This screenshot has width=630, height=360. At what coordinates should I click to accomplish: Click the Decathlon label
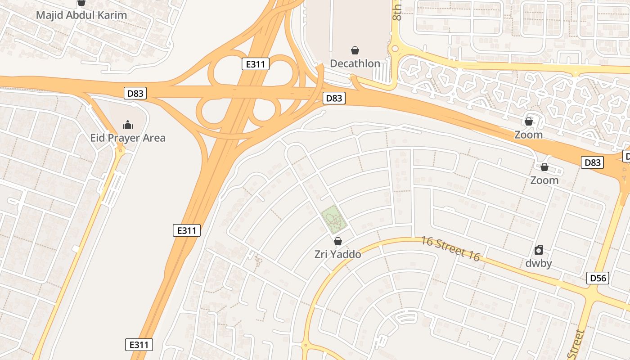pos(355,63)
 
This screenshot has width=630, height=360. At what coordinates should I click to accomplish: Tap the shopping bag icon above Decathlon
pos(355,50)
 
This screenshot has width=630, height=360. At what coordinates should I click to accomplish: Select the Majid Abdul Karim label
pos(81,15)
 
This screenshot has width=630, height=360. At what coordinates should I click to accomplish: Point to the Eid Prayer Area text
pos(128,138)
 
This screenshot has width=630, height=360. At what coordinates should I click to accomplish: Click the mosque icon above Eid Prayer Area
pos(128,125)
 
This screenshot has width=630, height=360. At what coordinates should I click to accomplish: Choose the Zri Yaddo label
pos(337,254)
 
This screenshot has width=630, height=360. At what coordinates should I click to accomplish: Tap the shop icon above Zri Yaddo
pos(337,241)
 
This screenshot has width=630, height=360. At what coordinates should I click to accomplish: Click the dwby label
pos(539,263)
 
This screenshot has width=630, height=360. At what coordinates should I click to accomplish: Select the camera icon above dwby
pos(539,250)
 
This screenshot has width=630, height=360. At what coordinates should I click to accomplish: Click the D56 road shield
pos(598,278)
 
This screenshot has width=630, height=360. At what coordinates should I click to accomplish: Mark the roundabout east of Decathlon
pos(395,49)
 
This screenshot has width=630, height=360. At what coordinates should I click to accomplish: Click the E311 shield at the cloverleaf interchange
pos(256,64)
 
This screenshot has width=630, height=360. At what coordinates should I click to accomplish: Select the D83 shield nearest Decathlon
pos(334,98)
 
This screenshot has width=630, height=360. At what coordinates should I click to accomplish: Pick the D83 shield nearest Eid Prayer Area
pos(135,93)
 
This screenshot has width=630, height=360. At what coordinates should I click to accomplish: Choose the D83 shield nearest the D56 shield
pos(592,162)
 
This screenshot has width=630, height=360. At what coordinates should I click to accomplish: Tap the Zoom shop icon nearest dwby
pos(544,167)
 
